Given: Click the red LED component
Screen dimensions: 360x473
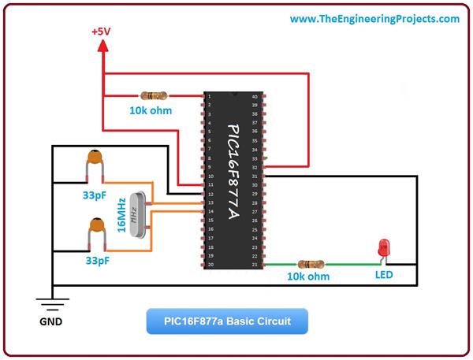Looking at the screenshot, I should (385, 247).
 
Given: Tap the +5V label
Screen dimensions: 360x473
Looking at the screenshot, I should (102, 32).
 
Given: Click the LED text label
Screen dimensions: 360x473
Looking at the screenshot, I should (384, 276).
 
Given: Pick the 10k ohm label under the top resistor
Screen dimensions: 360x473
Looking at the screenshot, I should (150, 111).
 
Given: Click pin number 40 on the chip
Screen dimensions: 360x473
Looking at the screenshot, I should (255, 97).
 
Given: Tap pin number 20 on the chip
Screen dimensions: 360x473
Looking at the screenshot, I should (210, 265).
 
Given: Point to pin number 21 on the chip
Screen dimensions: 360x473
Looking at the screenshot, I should (255, 265).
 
